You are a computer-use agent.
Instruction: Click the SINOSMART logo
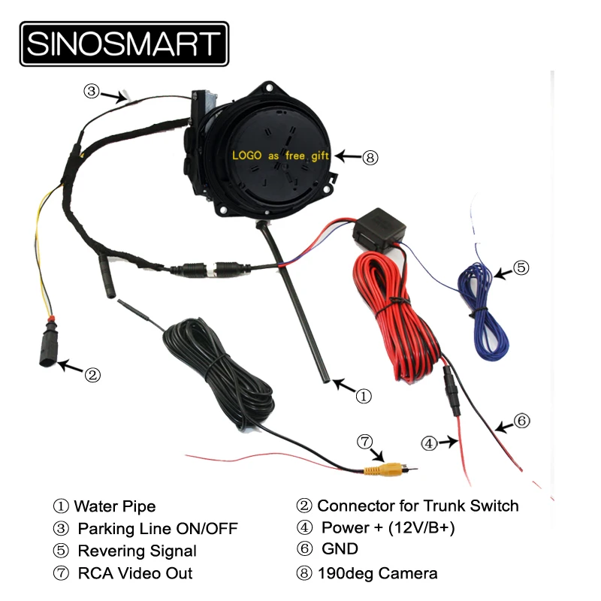124,44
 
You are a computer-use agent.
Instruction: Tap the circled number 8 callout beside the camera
370,158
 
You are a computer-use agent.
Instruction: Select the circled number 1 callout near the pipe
363,394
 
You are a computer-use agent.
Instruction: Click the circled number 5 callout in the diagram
521,267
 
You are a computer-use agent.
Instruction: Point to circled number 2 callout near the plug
92,373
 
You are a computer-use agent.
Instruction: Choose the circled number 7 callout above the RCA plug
364,441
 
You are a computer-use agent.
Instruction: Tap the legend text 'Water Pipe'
115,506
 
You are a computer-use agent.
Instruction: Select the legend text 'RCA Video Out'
135,573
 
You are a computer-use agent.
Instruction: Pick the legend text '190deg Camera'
378,573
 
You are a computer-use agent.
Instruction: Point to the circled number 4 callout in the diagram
429,443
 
